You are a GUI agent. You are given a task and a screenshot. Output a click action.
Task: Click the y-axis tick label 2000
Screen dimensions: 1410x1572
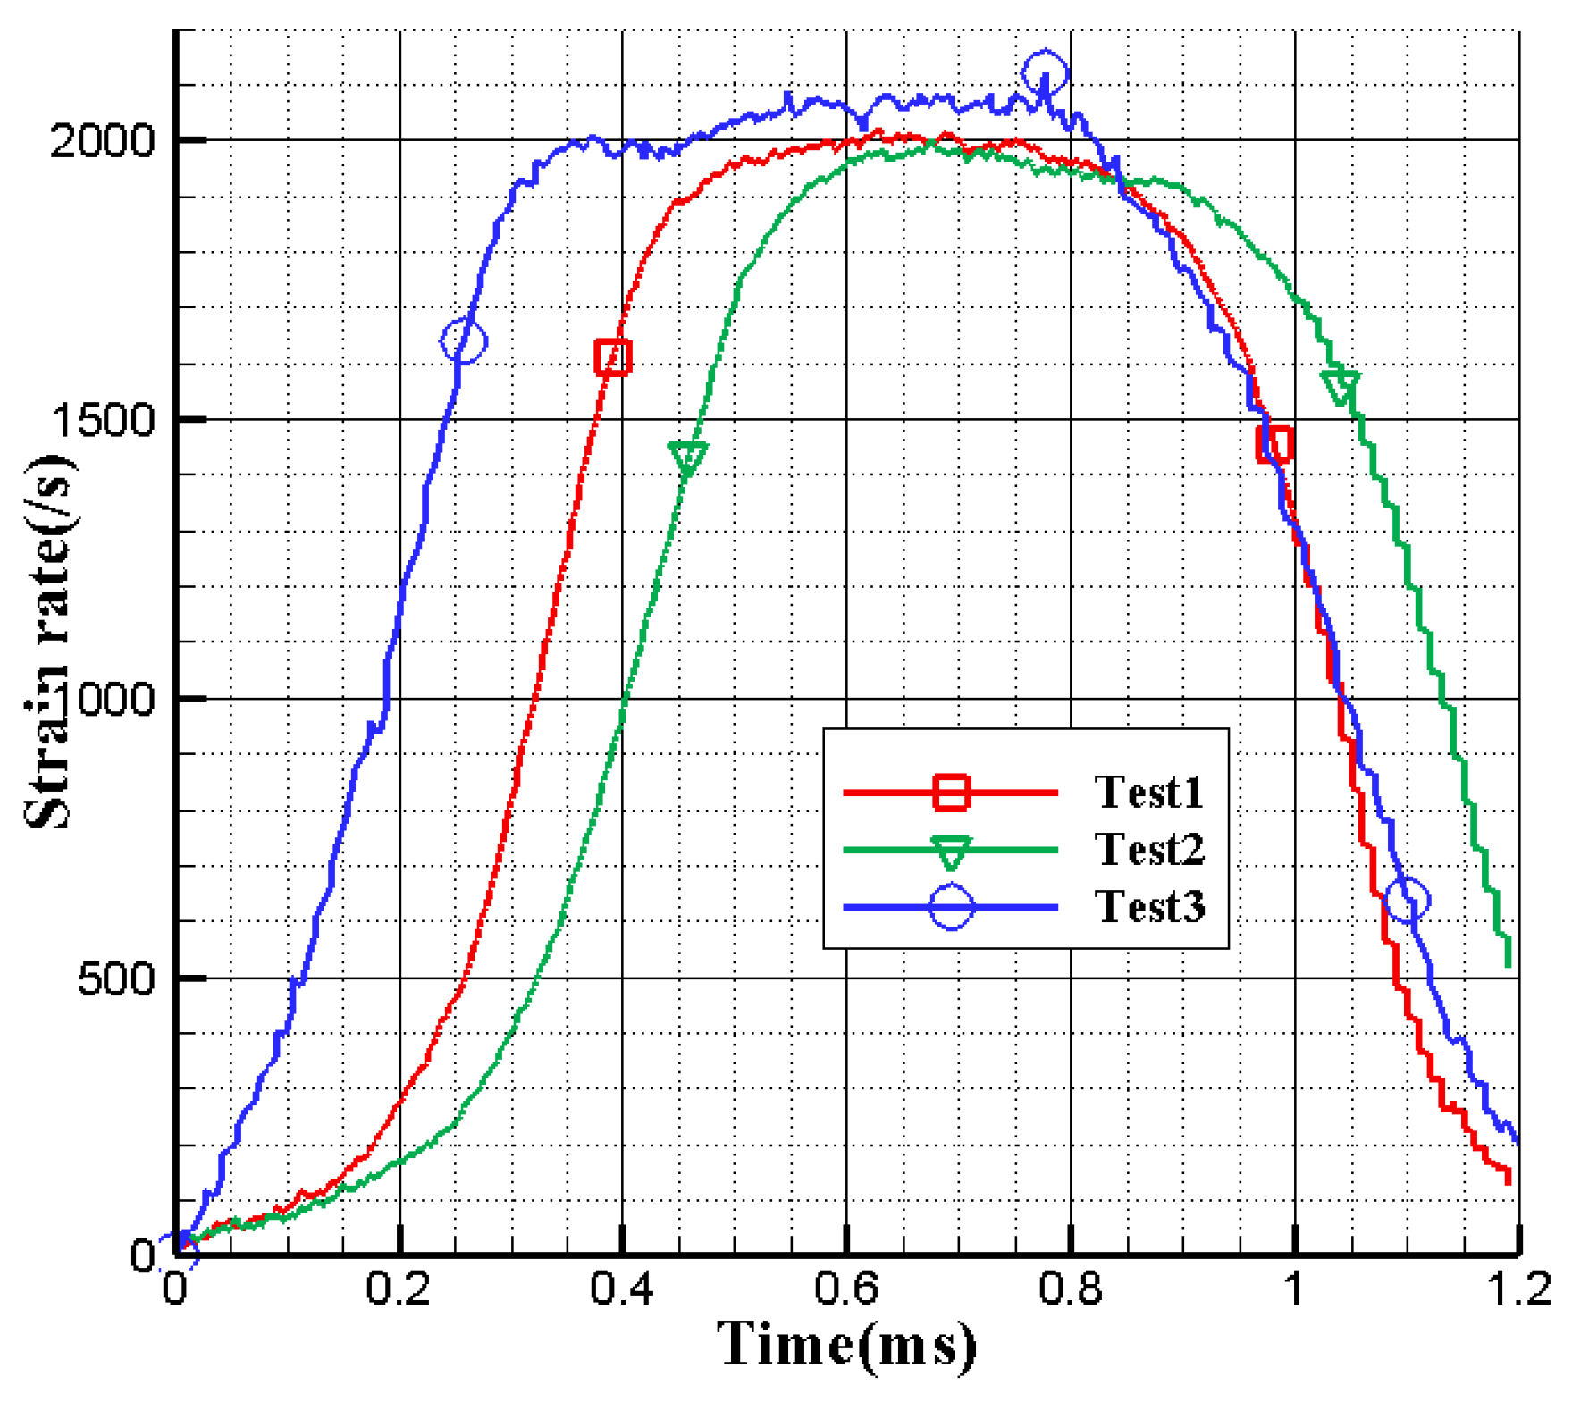coord(104,141)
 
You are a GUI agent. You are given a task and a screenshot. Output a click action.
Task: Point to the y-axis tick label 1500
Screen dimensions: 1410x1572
coord(104,420)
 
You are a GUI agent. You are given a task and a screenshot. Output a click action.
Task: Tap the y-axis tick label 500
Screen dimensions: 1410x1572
coord(117,979)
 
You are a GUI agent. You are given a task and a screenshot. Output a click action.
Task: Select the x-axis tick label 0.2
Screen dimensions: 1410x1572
coord(399,1289)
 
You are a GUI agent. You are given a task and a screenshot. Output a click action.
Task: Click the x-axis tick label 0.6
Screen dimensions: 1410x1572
coord(846,1289)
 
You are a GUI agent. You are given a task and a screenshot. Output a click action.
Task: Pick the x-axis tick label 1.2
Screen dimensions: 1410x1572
coord(1517,1289)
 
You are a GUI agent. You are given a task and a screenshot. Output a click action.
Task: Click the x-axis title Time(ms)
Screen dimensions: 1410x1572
coord(846,1345)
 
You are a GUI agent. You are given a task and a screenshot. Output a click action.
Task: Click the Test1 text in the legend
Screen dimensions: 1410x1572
coord(1149,792)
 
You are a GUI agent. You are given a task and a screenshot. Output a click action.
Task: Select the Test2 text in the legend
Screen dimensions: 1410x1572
coord(1149,849)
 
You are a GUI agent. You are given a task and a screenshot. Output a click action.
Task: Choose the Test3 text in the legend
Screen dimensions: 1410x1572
coord(1149,906)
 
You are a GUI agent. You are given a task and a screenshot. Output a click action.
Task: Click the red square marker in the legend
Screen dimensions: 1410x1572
coord(951,792)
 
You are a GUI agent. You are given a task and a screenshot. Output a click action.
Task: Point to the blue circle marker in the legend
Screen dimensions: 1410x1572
coord(951,907)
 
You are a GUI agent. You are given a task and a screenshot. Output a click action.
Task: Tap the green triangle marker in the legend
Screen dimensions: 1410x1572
coord(951,852)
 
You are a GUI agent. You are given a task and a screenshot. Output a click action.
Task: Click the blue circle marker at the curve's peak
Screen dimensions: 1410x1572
coord(1045,73)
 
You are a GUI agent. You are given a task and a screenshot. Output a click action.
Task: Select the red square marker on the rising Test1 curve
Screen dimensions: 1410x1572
coord(613,357)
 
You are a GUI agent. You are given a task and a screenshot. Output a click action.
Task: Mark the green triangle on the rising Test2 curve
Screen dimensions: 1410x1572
coord(687,457)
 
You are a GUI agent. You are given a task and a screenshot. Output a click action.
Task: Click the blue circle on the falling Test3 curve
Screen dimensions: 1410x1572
coord(1407,900)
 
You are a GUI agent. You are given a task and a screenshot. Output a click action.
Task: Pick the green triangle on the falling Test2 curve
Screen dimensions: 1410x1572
coord(1341,386)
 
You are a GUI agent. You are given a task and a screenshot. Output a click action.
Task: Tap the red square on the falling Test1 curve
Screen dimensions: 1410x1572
coord(1274,444)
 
